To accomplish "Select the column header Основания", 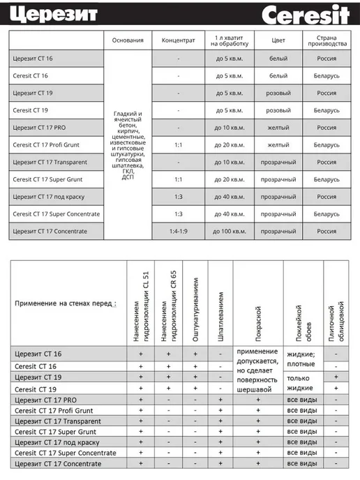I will (128, 40).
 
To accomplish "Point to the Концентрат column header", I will (178, 40).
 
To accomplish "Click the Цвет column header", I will (278, 40).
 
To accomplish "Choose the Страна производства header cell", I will (327, 40).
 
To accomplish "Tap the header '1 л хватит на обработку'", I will (229, 40).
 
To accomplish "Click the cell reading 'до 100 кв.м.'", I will (229, 230).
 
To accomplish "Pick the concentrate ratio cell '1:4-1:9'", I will (178, 230).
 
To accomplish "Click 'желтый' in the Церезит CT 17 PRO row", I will (278, 127).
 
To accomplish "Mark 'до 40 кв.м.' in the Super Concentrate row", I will (229, 213).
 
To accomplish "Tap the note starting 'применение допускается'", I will (257, 370).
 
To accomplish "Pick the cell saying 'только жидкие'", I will (301, 382).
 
